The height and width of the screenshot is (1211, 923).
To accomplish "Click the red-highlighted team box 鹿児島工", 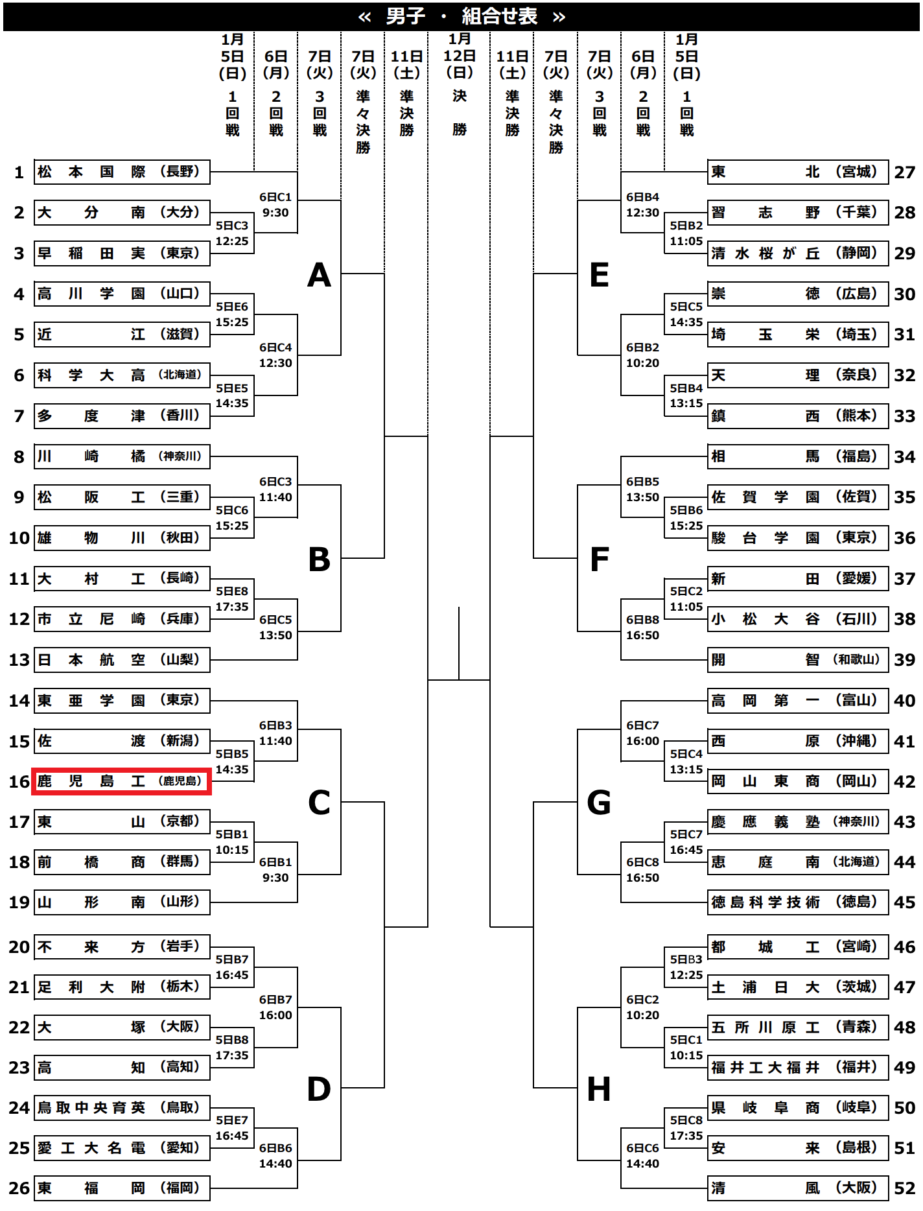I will pos(121,781).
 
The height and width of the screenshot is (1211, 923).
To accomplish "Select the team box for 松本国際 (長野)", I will pos(121,172).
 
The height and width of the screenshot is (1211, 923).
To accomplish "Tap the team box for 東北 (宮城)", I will pos(797,172).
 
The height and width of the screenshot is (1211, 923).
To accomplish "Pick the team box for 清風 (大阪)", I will pos(797,1188).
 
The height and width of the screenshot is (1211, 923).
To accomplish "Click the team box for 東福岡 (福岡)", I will pos(121,1188).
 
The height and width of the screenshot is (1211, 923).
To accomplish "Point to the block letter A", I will pos(319,276).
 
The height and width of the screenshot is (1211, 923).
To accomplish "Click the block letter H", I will pos(599,1089).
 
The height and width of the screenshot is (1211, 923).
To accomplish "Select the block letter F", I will pos(600,559).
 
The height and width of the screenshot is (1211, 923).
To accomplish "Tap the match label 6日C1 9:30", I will pos(275,205).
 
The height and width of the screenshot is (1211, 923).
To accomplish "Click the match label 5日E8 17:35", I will pos(232,599).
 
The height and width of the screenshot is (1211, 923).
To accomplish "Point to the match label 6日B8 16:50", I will pos(642,628).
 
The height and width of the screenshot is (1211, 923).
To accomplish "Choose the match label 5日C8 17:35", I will pos(686,1128).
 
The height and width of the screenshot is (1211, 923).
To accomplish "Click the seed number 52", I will pos(904,1188).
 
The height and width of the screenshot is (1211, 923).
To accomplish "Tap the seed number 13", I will pos(19,660).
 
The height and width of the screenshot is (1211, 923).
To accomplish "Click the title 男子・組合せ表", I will pos(461,16).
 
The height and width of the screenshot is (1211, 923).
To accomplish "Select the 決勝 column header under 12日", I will pos(460,113).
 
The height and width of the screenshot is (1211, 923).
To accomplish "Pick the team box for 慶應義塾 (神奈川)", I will pos(797,822).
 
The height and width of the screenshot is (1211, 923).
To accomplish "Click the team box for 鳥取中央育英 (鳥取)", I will pos(121,1107).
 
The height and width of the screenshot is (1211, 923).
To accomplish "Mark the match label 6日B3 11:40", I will pos(275,733).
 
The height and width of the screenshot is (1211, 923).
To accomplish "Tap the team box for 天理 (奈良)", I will pos(797,375).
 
